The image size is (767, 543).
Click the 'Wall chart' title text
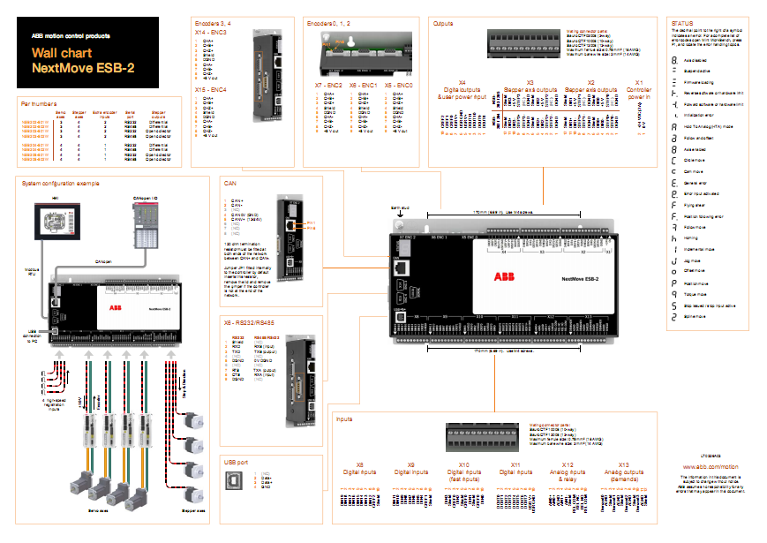(56, 53)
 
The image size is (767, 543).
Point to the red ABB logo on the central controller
(503, 277)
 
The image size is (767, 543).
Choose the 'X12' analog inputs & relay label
(568, 464)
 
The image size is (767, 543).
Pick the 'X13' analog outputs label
(624, 464)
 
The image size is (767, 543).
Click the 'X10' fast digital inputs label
(464, 464)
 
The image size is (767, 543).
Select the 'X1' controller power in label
(639, 82)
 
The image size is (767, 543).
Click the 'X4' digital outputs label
(462, 82)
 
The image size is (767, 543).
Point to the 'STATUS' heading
(681, 22)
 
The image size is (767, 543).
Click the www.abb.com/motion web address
(711, 465)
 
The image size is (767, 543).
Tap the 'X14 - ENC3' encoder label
(210, 31)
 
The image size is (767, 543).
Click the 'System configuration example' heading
(61, 183)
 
